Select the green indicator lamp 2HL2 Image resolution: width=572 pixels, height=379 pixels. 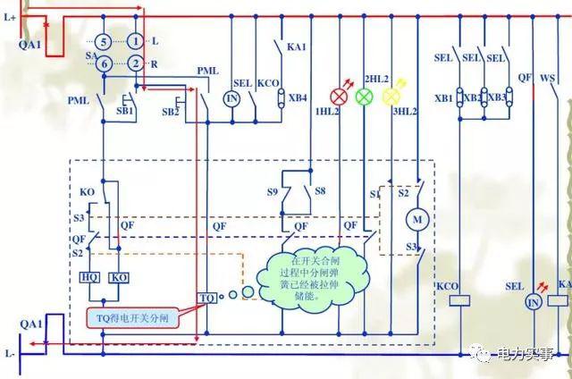pos(365,96)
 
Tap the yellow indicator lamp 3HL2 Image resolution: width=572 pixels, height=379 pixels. pos(391,96)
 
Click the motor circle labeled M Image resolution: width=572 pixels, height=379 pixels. pos(416,218)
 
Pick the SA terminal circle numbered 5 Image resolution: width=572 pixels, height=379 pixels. pos(104,42)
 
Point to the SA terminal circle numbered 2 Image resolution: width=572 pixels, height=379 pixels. pos(134,63)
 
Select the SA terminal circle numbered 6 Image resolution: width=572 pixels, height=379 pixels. pos(104,63)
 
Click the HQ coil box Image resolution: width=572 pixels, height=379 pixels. pos(90,277)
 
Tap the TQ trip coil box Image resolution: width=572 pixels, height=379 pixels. pos(207,296)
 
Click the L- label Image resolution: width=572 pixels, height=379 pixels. pos(10,354)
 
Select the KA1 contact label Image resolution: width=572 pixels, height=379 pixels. pos(296,46)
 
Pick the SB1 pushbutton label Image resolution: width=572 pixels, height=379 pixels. pos(125,112)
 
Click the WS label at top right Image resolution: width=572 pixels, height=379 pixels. pos(548,57)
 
